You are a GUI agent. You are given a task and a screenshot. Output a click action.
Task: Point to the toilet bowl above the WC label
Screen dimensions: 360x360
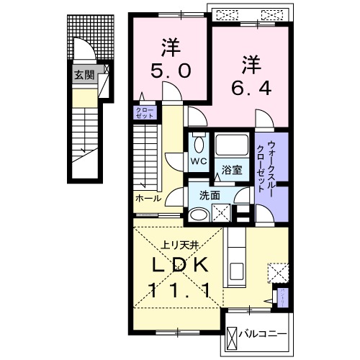[199, 142]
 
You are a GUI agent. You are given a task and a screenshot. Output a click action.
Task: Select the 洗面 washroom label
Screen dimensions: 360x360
[210, 194]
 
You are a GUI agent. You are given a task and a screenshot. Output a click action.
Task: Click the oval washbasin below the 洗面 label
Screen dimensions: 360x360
[199, 214]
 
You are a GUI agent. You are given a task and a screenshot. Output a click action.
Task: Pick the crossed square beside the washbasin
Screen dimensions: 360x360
[222, 213]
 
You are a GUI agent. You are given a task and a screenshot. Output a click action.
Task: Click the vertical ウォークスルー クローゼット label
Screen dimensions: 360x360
[264, 165]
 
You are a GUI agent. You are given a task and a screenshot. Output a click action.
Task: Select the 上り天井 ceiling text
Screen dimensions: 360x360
[168, 243]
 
